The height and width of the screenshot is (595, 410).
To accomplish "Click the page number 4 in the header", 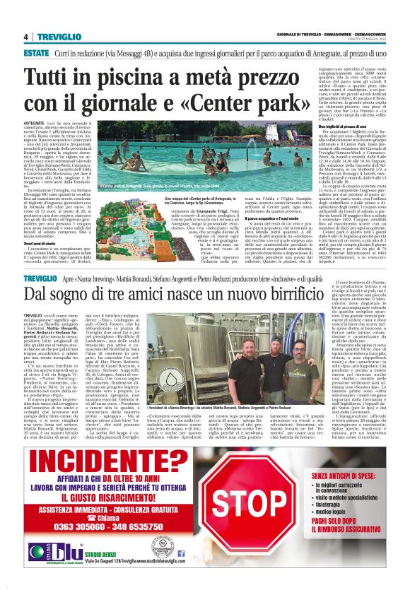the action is (25, 37).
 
